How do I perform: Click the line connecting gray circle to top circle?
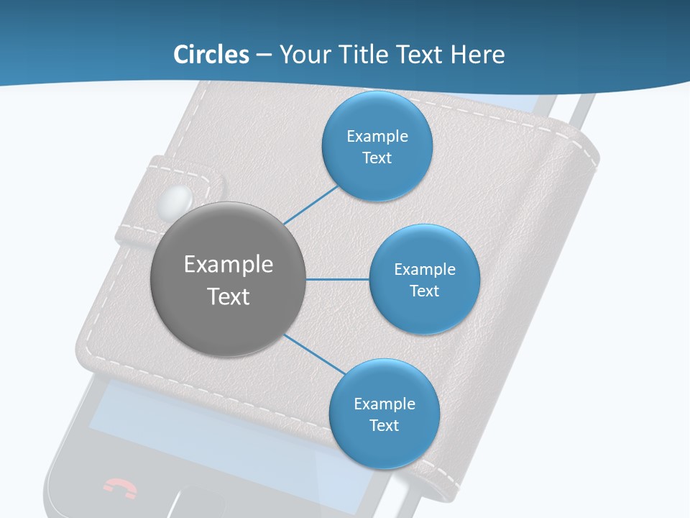point(310,205)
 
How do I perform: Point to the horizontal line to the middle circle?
point(338,279)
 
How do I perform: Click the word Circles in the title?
point(211,55)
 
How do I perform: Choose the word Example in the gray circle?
point(229,265)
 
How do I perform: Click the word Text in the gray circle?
point(229,296)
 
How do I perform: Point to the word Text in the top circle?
point(377,158)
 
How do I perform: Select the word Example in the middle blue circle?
point(424,270)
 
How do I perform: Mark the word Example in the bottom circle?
point(384,404)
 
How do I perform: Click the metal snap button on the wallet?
point(178,199)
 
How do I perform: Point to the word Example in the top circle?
point(377,137)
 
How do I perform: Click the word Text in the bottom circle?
point(384,426)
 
